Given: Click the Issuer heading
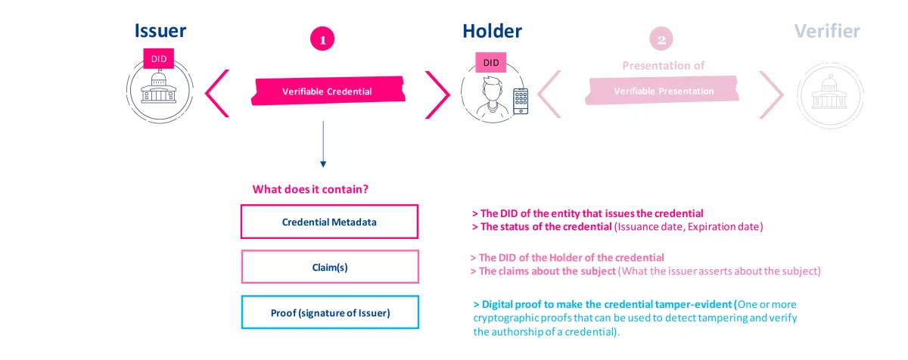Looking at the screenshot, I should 160,31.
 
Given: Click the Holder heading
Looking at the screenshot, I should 492,31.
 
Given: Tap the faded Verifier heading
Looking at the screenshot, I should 827,31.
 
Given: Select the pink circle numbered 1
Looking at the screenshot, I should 322,40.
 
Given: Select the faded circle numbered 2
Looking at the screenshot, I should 661,40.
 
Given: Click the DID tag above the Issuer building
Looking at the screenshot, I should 159,58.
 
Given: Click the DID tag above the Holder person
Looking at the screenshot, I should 491,63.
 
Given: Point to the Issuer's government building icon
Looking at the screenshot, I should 160,89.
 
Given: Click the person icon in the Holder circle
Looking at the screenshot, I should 489,97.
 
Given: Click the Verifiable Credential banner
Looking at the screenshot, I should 327,92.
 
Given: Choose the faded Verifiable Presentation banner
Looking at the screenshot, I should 663,91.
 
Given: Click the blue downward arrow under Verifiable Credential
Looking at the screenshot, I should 323,144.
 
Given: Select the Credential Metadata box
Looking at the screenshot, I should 329,222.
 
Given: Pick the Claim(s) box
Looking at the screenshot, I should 329,267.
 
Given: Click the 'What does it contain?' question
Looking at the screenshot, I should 316,189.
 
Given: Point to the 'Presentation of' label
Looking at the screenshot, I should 663,66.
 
